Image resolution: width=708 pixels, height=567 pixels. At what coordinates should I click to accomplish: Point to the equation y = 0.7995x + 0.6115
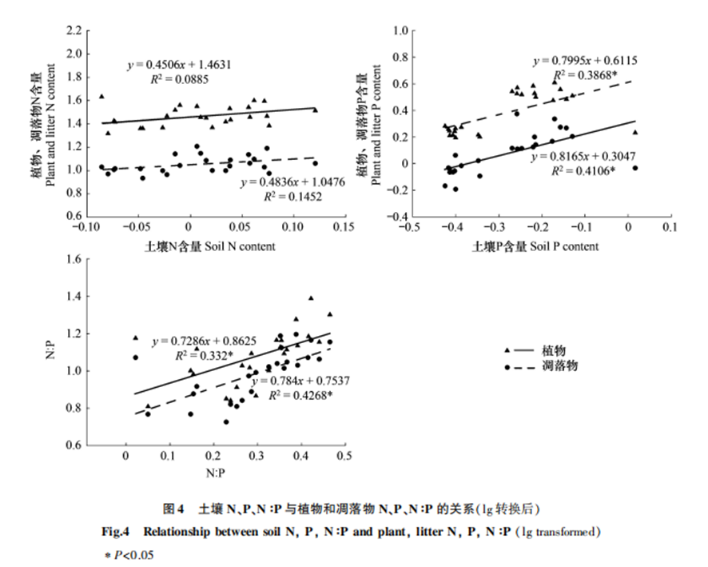586,60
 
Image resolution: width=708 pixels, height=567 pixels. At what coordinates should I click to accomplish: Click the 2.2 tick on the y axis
74,31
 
